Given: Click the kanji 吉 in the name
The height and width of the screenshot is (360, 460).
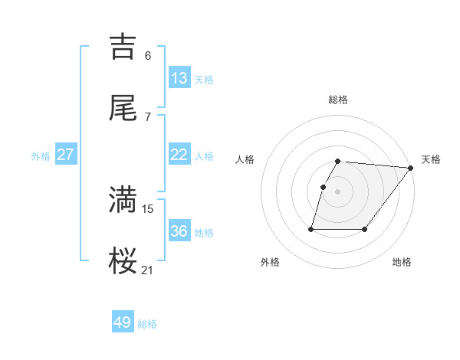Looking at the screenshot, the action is (123, 46).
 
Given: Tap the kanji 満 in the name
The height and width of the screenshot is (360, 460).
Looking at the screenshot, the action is (123, 199).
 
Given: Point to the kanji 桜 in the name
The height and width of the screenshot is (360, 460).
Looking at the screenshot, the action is (123, 260).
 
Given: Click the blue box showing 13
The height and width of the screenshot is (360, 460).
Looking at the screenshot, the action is (179, 78).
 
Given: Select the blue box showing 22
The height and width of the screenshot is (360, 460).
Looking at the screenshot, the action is (179, 155).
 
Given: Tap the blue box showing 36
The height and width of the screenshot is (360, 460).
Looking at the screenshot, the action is (179, 231).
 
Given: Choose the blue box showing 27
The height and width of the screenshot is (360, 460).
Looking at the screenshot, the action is (65, 155).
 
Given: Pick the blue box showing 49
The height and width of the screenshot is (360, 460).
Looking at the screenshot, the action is (123, 322).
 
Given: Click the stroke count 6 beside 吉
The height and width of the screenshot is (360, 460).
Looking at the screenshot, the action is (148, 55).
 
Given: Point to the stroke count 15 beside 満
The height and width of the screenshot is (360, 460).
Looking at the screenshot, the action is (148, 208).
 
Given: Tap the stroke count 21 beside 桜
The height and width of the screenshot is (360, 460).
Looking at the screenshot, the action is (148, 270).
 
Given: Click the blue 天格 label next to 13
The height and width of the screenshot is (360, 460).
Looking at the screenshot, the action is (204, 80).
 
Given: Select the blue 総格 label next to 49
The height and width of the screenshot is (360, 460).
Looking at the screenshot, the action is (147, 324).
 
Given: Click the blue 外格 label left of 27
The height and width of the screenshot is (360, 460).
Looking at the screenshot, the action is (41, 156).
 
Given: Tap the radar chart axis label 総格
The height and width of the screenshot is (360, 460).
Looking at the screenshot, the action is (338, 100).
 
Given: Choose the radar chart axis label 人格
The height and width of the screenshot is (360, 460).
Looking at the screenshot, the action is (245, 159).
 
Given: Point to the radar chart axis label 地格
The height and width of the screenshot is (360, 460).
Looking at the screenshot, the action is (402, 262).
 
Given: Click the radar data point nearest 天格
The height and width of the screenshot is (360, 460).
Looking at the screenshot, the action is (411, 168).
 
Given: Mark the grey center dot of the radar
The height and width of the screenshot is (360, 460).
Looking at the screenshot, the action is (338, 191).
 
